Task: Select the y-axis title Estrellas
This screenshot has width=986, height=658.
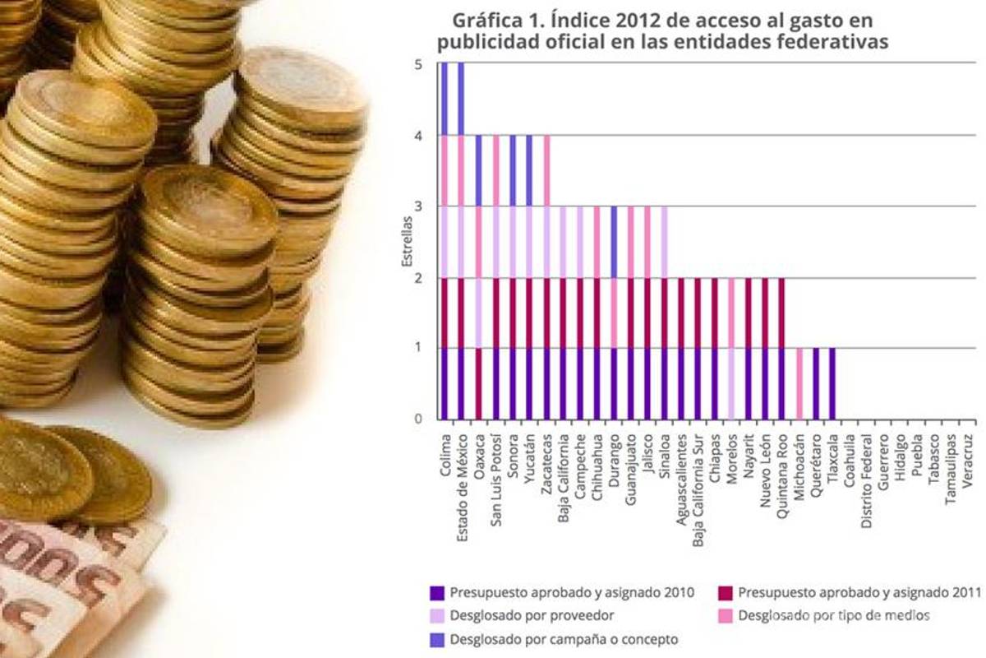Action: coord(406,241)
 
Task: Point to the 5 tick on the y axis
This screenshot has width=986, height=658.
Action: coord(418,65)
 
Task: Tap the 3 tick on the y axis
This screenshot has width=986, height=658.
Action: coord(418,206)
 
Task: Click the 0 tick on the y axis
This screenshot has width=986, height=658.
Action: coord(418,419)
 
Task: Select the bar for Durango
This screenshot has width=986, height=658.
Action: coord(613,313)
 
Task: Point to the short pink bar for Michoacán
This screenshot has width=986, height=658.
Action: coord(799,384)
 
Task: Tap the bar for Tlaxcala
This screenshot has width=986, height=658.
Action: coord(832,384)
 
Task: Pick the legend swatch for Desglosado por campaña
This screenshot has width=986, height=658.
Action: coord(437,639)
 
